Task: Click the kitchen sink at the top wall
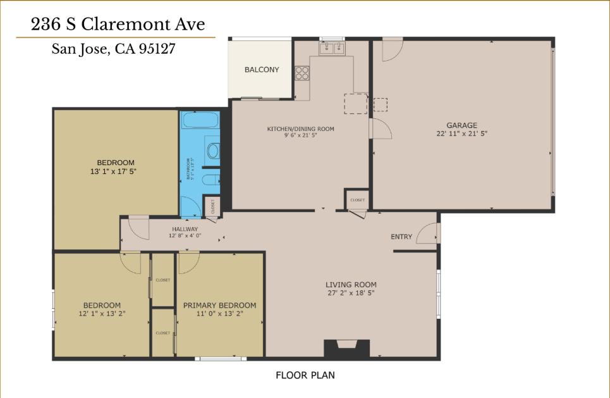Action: (332, 47)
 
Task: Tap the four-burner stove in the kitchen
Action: (302, 73)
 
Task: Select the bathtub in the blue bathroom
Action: (199, 121)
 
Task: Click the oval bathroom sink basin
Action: (213, 151)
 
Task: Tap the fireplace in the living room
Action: (347, 349)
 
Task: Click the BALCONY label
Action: (262, 70)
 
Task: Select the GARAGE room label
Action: (461, 125)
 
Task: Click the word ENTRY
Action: (401, 237)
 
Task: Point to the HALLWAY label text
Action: (185, 229)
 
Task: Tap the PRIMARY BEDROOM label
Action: (219, 306)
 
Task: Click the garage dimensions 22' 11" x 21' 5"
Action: (461, 134)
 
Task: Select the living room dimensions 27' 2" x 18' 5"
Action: (351, 293)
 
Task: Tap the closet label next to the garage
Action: (357, 200)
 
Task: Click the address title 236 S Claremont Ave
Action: (118, 25)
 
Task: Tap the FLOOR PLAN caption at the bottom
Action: (305, 375)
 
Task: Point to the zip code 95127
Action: (154, 49)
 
